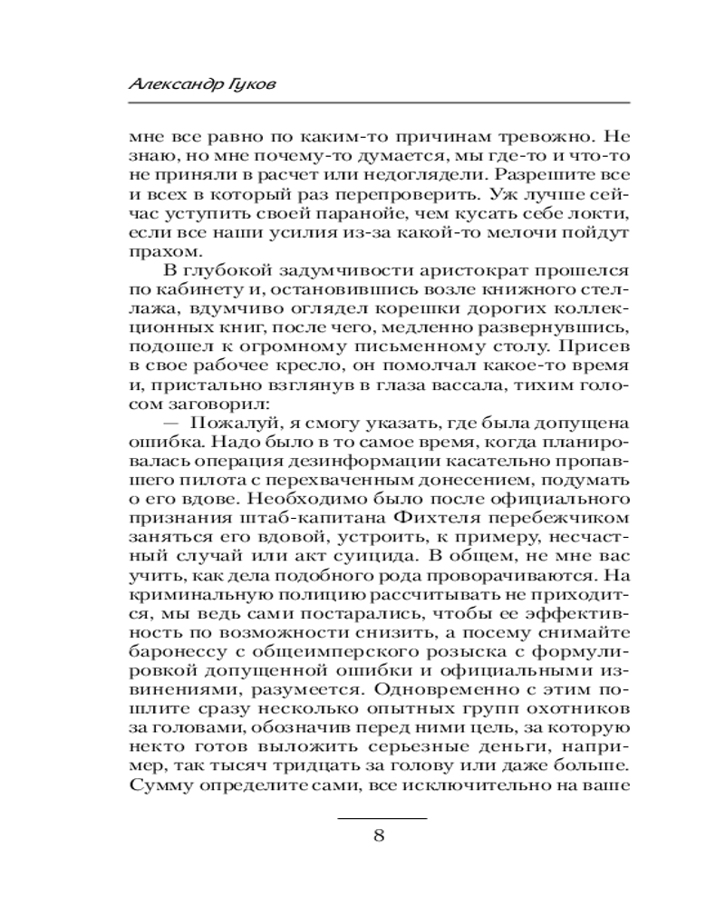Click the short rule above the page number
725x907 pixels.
pyautogui.click(x=382, y=817)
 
